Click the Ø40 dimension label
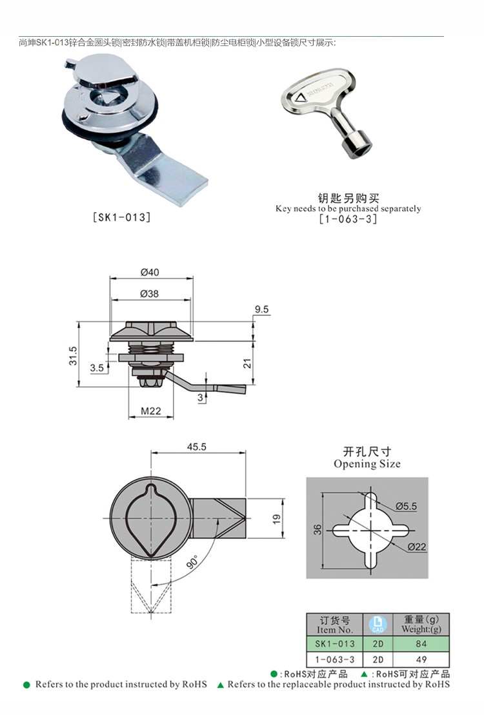click(150, 272)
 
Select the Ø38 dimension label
click(150, 293)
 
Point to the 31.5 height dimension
click(73, 355)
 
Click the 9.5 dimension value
click(261, 310)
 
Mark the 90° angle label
click(192, 562)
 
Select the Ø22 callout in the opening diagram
click(418, 547)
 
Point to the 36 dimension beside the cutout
click(317, 529)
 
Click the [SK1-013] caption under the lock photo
click(122, 217)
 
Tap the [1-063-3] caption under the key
click(348, 219)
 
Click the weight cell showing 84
click(422, 643)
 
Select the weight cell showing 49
click(422, 659)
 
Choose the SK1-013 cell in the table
click(335, 643)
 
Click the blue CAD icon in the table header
click(378, 624)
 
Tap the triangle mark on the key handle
click(301, 99)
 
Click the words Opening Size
click(367, 464)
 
